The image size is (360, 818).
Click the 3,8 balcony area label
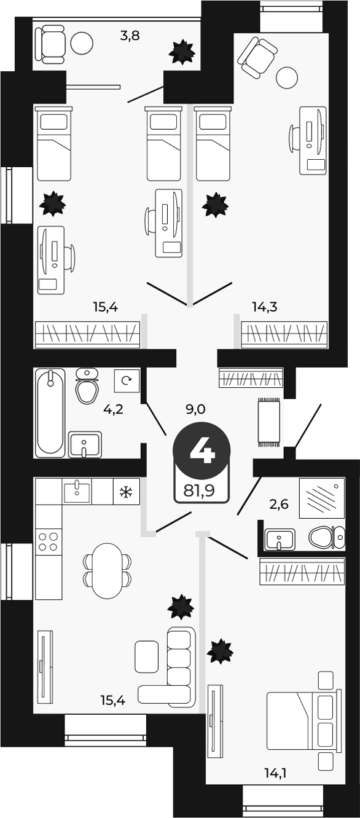click(130, 36)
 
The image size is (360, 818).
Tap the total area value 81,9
click(199, 490)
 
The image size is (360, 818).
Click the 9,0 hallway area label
click(196, 409)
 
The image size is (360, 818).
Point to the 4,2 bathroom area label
click(113, 409)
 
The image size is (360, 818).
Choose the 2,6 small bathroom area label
click(278, 505)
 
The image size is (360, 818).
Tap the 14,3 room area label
click(265, 307)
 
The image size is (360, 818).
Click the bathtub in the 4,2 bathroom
click(50, 412)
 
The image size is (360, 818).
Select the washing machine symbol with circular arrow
click(127, 381)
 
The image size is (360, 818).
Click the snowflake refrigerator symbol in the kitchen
click(127, 492)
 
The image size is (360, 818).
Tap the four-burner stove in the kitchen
click(49, 541)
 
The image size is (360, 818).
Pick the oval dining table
click(107, 570)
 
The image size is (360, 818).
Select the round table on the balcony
click(82, 43)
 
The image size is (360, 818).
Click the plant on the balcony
click(182, 52)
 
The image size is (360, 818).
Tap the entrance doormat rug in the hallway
click(269, 423)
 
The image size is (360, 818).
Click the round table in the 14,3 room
click(287, 78)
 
